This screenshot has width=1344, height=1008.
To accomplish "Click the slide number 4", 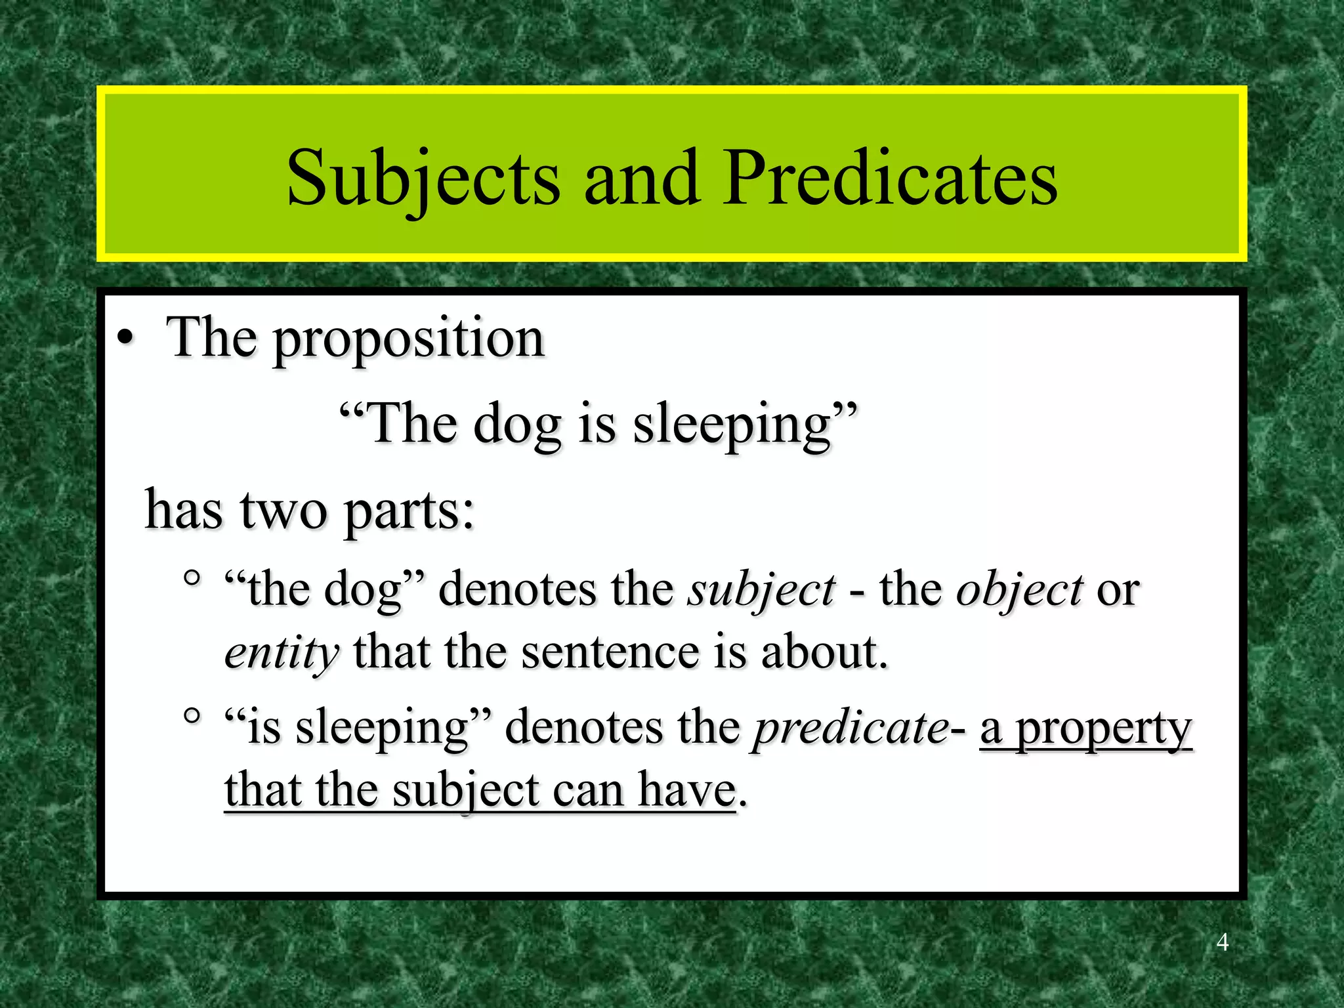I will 1222,942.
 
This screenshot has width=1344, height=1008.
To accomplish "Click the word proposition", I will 408,340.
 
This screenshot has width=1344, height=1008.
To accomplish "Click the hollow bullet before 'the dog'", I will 192,578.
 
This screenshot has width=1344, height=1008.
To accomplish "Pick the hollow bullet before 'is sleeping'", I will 192,715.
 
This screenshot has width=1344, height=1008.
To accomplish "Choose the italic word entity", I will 282,654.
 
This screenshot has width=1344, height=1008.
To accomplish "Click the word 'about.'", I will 824,653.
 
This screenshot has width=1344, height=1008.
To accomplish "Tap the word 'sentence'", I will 610,653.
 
